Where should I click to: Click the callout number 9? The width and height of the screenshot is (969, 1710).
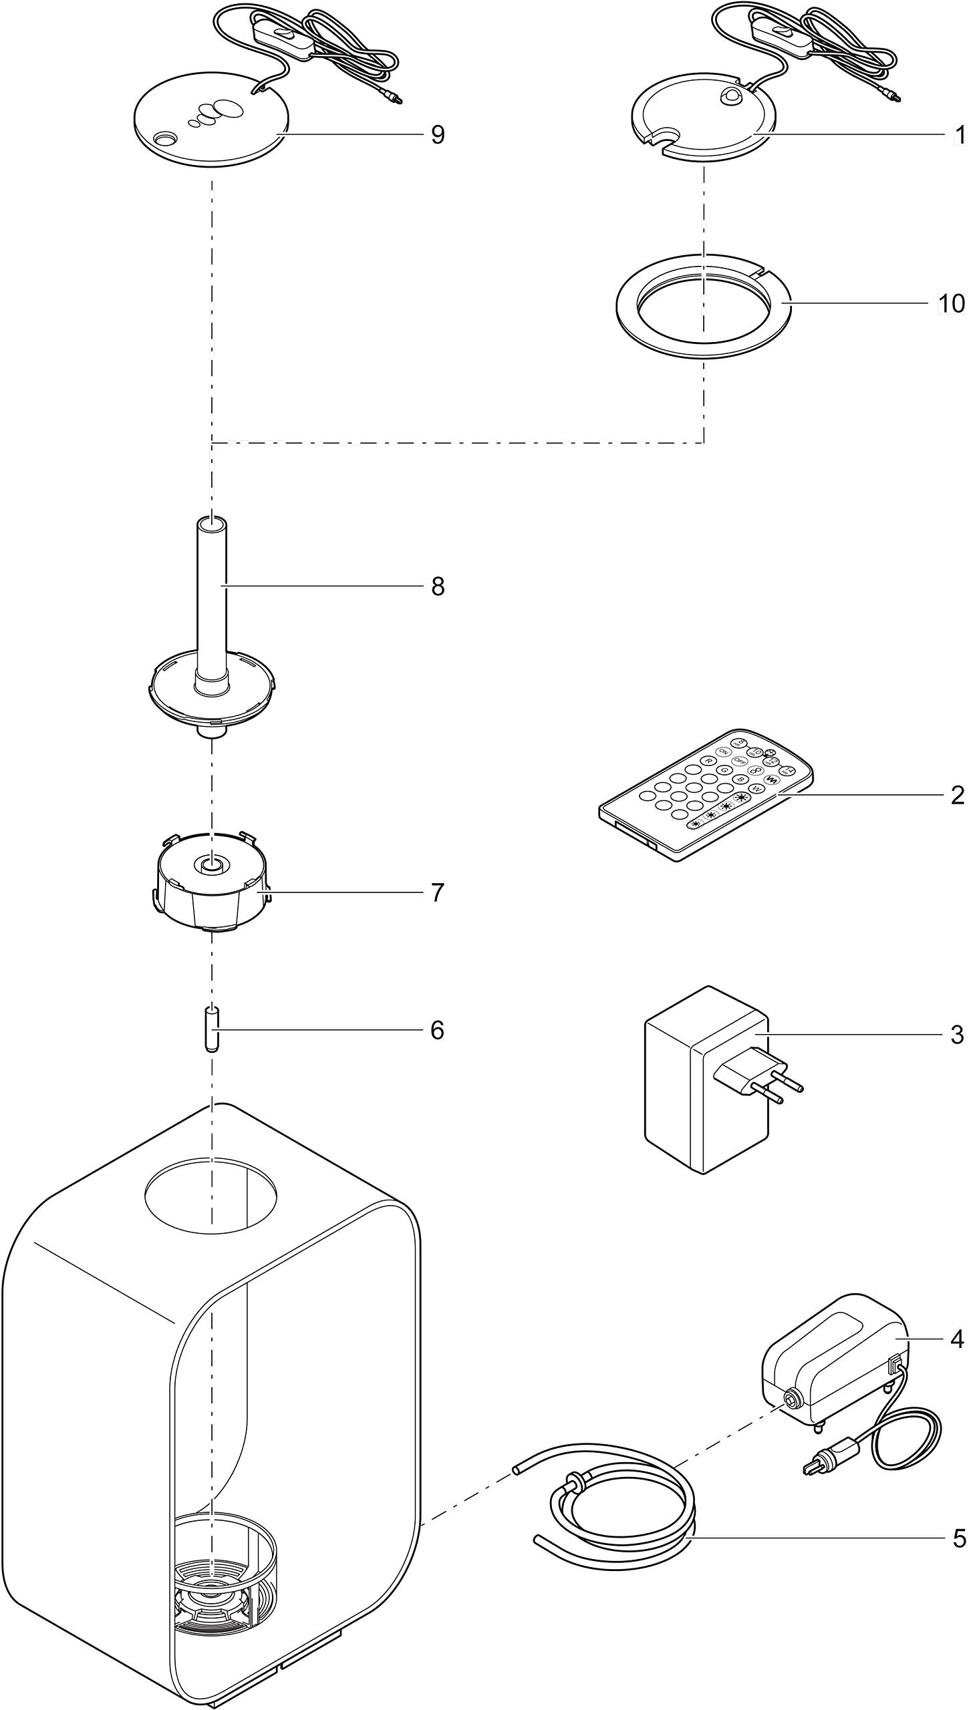click(x=438, y=135)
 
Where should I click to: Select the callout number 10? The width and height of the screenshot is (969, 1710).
click(x=952, y=303)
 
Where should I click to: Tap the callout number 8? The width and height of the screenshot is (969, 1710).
click(x=438, y=586)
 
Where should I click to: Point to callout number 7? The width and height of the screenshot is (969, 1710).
click(x=438, y=892)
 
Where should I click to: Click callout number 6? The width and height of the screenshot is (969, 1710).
click(x=437, y=1030)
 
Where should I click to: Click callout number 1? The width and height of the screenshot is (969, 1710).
click(x=960, y=135)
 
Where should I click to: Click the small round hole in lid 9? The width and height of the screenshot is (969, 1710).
click(x=163, y=138)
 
